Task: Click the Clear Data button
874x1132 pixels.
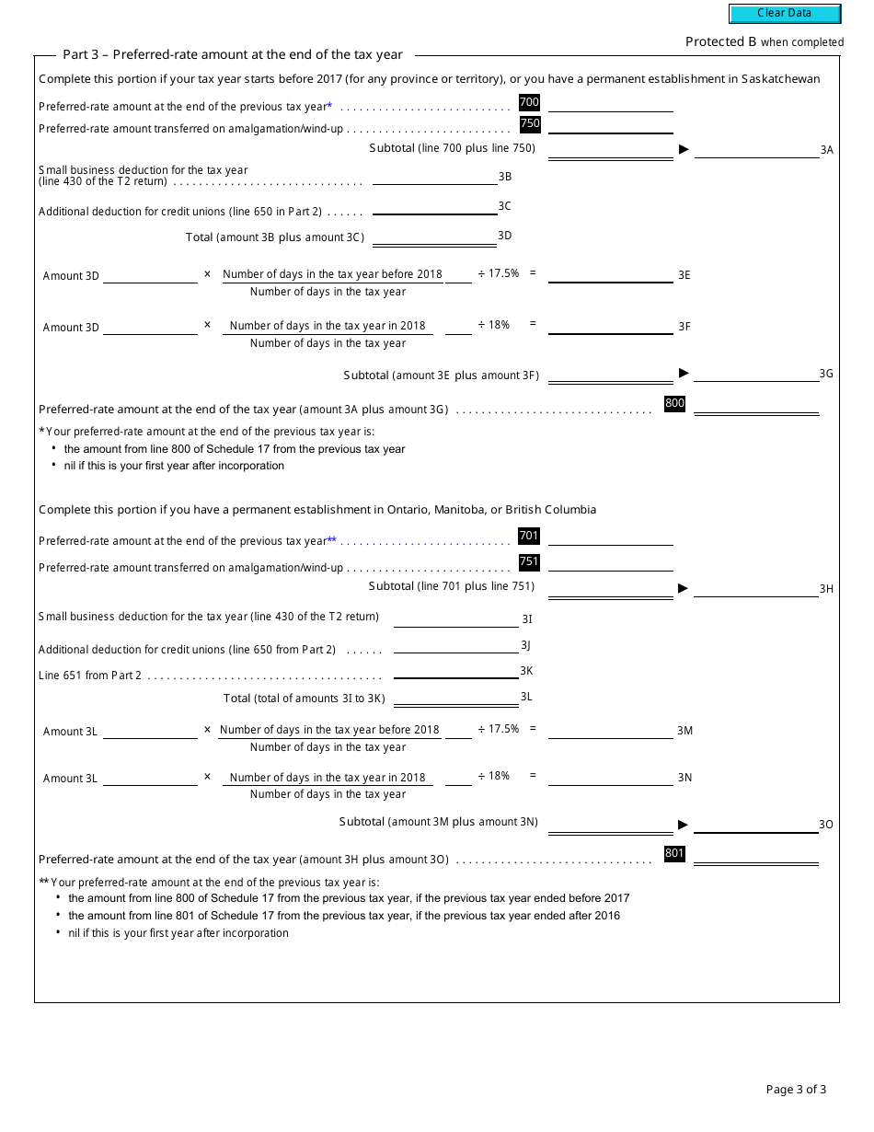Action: tap(785, 14)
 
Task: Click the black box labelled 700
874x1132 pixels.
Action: tap(529, 102)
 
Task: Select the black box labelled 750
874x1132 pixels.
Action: tap(530, 123)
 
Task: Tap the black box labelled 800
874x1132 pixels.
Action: tap(674, 403)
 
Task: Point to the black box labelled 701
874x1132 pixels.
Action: tap(529, 536)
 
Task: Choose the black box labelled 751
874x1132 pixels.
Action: tap(529, 561)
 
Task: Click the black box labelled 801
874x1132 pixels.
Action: tap(674, 853)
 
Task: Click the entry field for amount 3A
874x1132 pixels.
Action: tap(756, 149)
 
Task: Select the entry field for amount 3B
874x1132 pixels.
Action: tap(434, 177)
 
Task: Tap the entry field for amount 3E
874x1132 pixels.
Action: tap(610, 274)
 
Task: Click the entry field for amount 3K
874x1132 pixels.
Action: tap(455, 671)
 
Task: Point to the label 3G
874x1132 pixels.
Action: tap(826, 374)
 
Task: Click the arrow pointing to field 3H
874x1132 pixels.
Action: tap(684, 588)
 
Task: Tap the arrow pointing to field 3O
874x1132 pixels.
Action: tap(684, 825)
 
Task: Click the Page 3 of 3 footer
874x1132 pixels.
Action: tap(796, 1090)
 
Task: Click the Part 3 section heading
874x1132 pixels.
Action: tap(233, 54)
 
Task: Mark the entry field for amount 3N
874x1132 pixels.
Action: tap(610, 778)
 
